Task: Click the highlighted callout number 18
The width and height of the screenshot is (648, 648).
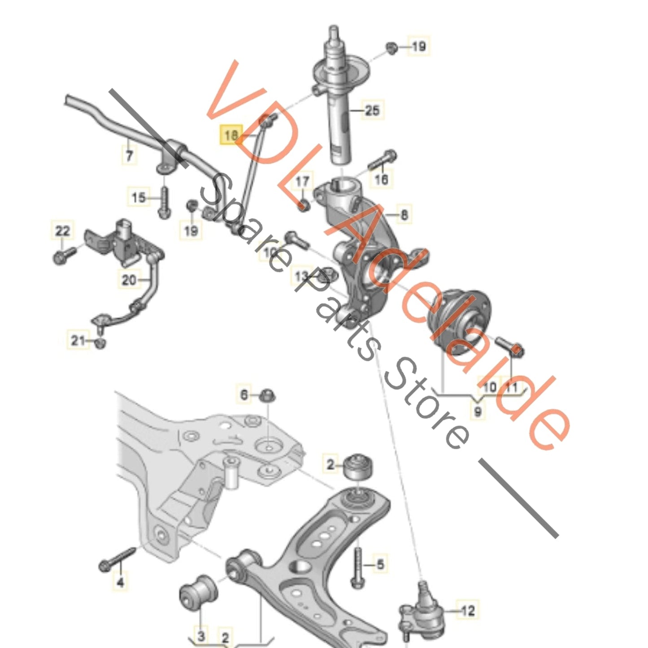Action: point(230,134)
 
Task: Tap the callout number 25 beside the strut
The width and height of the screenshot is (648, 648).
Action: point(372,110)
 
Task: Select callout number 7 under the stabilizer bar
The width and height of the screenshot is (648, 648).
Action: point(129,156)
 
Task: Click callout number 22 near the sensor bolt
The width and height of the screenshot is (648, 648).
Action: point(62,230)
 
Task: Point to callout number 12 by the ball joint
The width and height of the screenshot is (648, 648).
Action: point(467,610)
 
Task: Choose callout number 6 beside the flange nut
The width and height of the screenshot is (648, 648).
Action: point(244,395)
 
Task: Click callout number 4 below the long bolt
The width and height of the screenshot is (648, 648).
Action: point(120,583)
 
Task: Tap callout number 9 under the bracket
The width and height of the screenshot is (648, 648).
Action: point(478,411)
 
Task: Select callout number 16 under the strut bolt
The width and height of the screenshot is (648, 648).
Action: point(381,179)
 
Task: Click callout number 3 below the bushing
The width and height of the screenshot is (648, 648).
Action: point(201,635)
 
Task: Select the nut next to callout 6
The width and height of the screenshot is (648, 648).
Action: point(268,396)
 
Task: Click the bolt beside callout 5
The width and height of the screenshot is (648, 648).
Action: point(357,565)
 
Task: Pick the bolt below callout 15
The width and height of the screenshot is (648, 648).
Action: point(164,204)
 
